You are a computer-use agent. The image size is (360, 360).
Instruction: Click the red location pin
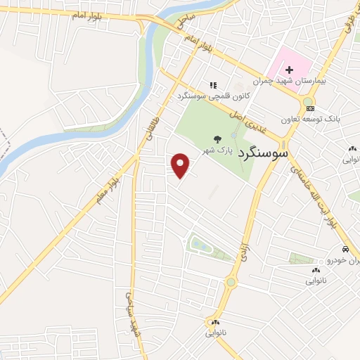point(181,165)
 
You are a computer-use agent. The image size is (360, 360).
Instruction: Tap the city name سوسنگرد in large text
point(263,151)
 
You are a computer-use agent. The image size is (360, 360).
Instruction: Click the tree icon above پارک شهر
point(217,139)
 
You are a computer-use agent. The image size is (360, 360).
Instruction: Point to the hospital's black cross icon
point(289,70)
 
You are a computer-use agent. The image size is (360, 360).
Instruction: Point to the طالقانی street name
point(151,126)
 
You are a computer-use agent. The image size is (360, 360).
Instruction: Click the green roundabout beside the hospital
point(307,104)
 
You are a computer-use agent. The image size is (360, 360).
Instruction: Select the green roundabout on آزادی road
point(231,283)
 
